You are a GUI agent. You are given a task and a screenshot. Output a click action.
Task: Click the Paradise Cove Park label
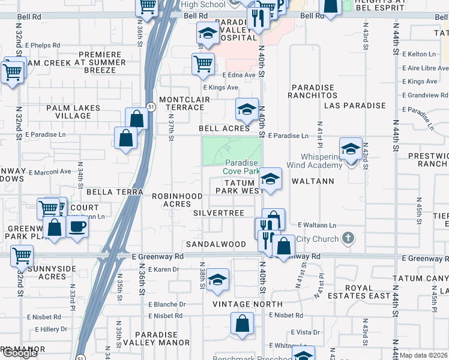click(x=242, y=167)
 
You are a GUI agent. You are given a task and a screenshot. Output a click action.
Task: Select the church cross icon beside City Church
click(x=347, y=239)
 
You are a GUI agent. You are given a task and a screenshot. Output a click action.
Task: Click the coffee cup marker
click(x=77, y=227)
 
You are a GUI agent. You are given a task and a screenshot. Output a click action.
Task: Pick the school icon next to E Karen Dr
click(x=218, y=280)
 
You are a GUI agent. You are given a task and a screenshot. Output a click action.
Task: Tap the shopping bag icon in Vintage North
click(x=242, y=324)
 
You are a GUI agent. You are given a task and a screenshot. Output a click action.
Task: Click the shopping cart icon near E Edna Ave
click(x=203, y=64)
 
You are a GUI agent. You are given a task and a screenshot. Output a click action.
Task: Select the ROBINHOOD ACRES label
click(x=176, y=200)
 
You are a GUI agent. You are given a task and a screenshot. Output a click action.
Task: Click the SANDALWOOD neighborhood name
click(x=215, y=244)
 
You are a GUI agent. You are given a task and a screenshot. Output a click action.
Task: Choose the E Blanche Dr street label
click(x=166, y=304)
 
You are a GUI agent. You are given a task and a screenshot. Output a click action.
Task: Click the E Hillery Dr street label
click(x=51, y=329)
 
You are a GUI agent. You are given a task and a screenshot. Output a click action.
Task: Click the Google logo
click(x=19, y=353)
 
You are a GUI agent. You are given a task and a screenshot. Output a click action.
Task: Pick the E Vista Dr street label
click(x=305, y=332)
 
